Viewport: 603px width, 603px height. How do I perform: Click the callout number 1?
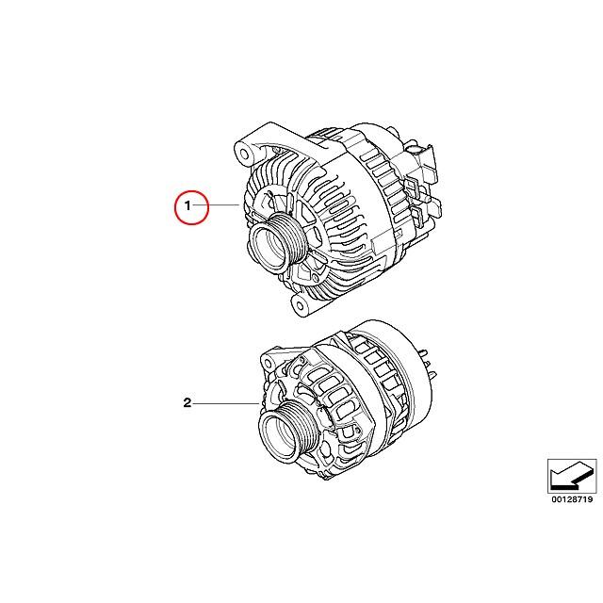[187, 205]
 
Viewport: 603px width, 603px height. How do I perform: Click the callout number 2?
[187, 404]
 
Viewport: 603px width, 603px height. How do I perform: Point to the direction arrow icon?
[572, 468]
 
